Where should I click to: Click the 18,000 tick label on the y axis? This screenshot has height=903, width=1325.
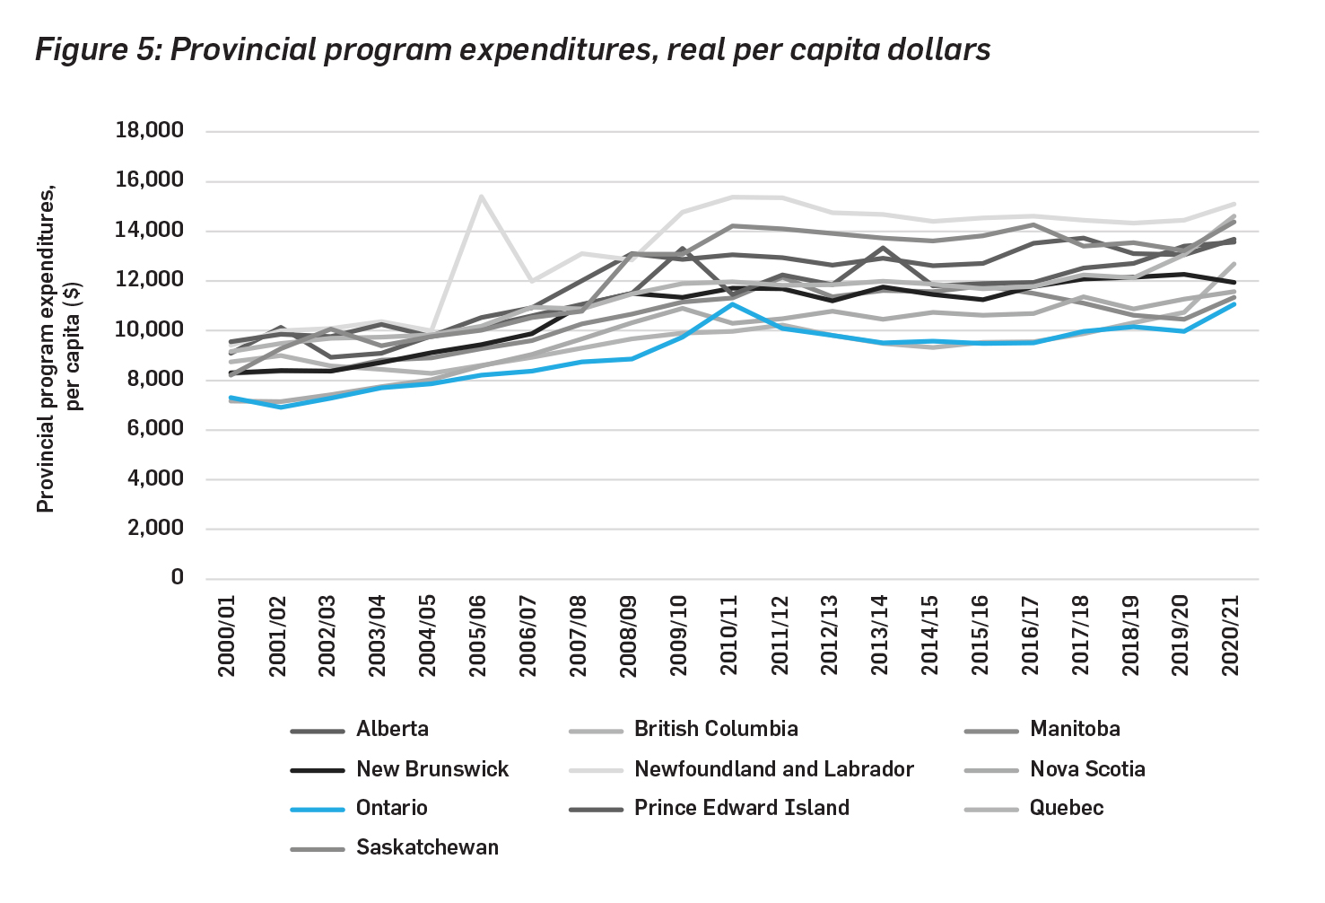click(x=150, y=131)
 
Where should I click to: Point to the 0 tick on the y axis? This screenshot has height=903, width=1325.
click(x=178, y=578)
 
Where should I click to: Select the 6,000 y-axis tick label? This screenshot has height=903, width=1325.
click(x=154, y=429)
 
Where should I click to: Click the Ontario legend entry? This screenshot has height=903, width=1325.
click(x=392, y=808)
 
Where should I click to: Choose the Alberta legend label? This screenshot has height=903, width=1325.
click(x=392, y=729)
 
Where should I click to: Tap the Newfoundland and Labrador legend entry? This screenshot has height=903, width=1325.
click(x=773, y=769)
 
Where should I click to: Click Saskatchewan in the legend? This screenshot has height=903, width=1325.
click(x=427, y=847)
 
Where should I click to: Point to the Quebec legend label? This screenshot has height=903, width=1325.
click(x=1066, y=808)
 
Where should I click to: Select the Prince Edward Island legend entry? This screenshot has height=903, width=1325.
click(x=741, y=808)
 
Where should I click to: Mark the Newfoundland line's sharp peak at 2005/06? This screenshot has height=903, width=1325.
click(x=481, y=196)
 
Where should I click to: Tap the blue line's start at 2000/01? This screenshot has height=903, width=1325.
click(x=231, y=397)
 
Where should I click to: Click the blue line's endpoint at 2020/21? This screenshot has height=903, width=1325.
click(x=1234, y=303)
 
